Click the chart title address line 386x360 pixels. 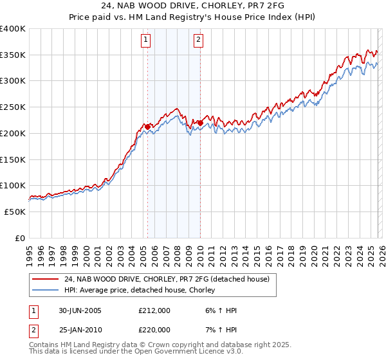[192, 6]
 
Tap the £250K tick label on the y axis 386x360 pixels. [13, 107]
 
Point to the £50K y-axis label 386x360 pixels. [15, 212]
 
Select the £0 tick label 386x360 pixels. [21, 238]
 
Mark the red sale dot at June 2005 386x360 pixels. [147, 127]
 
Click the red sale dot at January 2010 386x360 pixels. [200, 123]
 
